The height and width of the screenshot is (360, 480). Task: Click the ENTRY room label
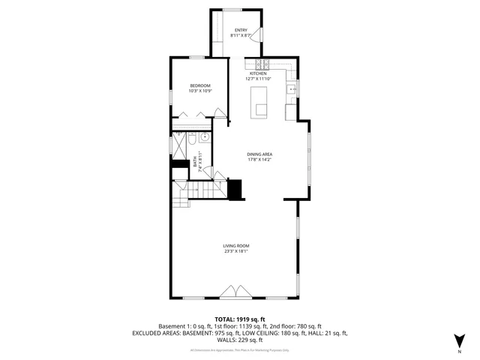pyautogui.click(x=240, y=30)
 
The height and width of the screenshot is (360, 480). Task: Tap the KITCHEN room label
pyautogui.click(x=259, y=73)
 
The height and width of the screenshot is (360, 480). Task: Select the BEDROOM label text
pyautogui.click(x=199, y=85)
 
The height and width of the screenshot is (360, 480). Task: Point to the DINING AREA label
pyautogui.click(x=259, y=154)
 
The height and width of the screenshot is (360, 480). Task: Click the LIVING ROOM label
pyautogui.click(x=235, y=246)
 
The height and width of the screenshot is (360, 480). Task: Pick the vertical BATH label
pyautogui.click(x=195, y=160)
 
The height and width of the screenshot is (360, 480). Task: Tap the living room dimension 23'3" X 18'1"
pyautogui.click(x=235, y=252)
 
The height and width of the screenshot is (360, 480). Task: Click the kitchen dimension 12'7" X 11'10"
pyautogui.click(x=259, y=79)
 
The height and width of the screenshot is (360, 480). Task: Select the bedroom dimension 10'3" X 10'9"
pyautogui.click(x=199, y=91)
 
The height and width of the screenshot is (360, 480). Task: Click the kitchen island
pyautogui.click(x=259, y=101)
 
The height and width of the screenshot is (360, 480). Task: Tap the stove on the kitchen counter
pyautogui.click(x=262, y=64)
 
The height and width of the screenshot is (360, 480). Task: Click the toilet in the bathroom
pyautogui.click(x=191, y=140)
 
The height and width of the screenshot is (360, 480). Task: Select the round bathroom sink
pyautogui.click(x=204, y=137)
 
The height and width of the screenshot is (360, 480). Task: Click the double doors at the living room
pyautogui.click(x=235, y=291)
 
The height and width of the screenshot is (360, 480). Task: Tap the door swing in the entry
pyautogui.click(x=256, y=35)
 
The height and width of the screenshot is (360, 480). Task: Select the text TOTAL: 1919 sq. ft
pyautogui.click(x=239, y=319)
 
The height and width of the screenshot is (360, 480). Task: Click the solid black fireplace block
pyautogui.click(x=236, y=190)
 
